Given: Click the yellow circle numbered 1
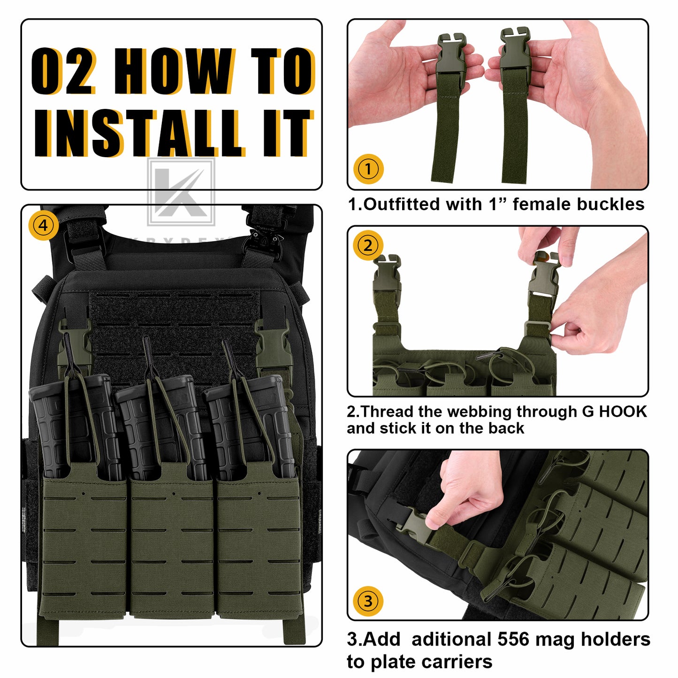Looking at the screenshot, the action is (x=368, y=169).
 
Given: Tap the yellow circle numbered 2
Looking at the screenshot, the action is (x=368, y=245).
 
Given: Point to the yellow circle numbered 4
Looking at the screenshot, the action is (x=43, y=225).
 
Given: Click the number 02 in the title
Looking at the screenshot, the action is (x=64, y=71).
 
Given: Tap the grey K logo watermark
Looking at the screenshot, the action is (x=181, y=192).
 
